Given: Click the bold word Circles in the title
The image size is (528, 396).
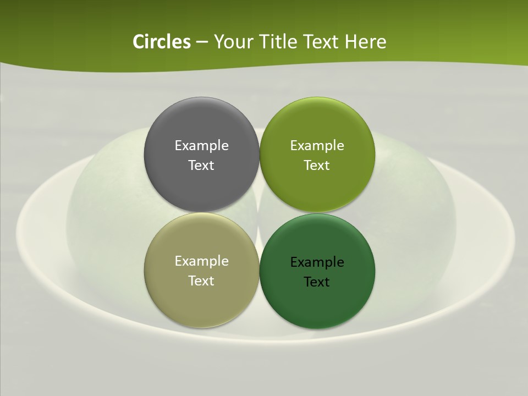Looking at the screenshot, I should pyautogui.click(x=162, y=42).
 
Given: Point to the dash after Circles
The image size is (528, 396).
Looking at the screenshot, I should pyautogui.click(x=201, y=42).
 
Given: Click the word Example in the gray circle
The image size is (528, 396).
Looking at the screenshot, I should pyautogui.click(x=201, y=145).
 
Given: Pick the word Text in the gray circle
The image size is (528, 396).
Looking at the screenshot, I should pyautogui.click(x=201, y=165).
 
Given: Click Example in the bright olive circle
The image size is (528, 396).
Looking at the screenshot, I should pyautogui.click(x=317, y=145).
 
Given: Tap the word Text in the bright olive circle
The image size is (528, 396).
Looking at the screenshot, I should pyautogui.click(x=317, y=165).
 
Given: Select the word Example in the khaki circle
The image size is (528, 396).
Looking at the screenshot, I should pyautogui.click(x=201, y=261).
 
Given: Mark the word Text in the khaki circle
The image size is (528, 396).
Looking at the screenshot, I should pyautogui.click(x=201, y=280).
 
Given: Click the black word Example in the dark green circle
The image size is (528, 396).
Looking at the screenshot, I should pyautogui.click(x=317, y=262).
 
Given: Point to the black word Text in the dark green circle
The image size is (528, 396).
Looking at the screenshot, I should pyautogui.click(x=317, y=282).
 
